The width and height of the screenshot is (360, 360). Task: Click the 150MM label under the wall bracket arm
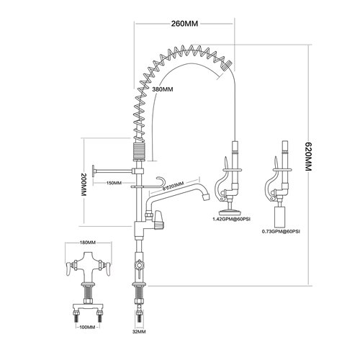click(x=114, y=183)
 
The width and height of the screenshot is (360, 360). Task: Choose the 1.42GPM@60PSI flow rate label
click(x=230, y=218)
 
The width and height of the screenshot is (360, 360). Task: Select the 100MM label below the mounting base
click(x=86, y=328)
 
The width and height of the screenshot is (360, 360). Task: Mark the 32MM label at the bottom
click(x=139, y=333)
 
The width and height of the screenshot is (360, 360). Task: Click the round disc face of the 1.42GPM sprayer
click(x=232, y=210)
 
